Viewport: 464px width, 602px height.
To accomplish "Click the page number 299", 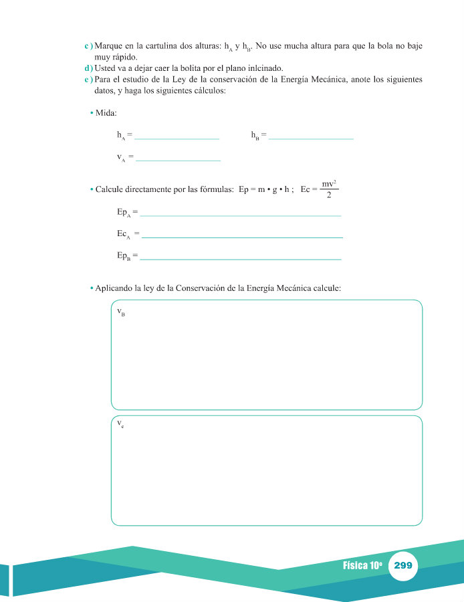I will click(403, 565).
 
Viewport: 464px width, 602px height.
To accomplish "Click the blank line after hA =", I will click(177, 138).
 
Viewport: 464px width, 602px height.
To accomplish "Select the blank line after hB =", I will click(310, 138).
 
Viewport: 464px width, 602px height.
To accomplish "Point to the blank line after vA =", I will click(178, 160).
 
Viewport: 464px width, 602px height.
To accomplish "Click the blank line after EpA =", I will click(241, 215).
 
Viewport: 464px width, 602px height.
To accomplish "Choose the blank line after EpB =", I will click(241, 258).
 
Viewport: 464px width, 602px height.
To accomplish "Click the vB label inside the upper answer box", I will click(121, 312).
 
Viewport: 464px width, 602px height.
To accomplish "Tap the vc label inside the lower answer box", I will click(120, 424).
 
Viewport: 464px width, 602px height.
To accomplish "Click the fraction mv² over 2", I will click(328, 189).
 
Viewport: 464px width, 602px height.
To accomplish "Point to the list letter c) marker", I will click(88, 46).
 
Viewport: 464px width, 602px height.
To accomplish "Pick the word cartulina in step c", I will click(162, 46).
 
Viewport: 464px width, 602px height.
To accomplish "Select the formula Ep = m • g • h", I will click(267, 189).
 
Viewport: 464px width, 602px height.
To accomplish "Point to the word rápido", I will click(124, 58).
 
